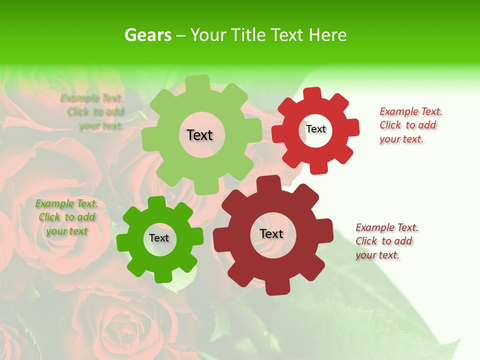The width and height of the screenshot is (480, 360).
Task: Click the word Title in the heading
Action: coord(249,35)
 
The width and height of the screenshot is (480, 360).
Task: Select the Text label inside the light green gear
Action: coord(199,135)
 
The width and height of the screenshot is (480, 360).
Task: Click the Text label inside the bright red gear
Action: coord(315,129)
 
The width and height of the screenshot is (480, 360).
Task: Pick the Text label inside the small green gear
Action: coord(159,238)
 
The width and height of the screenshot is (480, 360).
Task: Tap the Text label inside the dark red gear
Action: coord(271,233)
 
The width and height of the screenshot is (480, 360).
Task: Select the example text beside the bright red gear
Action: coord(411,125)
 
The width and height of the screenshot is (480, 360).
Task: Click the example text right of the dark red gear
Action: coord(387,241)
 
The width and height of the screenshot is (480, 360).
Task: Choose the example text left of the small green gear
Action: coord(66,217)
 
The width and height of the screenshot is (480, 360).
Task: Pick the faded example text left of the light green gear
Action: coord(92,111)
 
